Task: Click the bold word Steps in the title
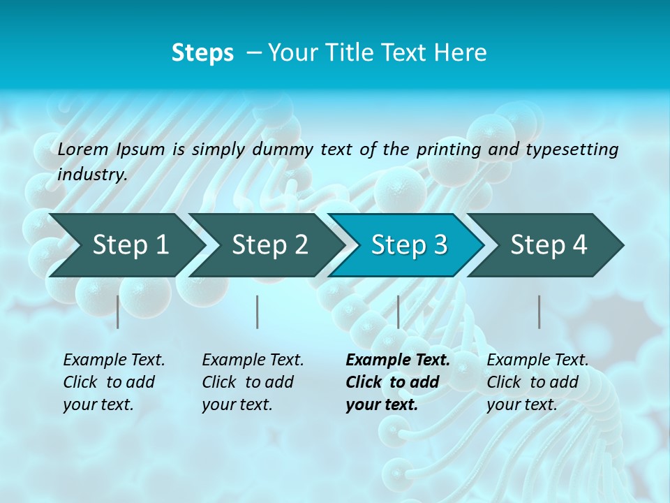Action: [x=202, y=53]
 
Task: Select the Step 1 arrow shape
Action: [x=126, y=245]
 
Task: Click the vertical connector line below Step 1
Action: [x=118, y=312]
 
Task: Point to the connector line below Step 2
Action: [x=258, y=312]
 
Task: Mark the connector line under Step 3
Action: [x=398, y=312]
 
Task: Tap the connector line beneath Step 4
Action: [x=539, y=312]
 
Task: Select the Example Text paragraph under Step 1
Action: [x=114, y=382]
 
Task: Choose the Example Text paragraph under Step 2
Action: [x=253, y=382]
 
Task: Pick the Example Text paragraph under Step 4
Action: [x=537, y=382]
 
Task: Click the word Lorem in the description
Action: [x=83, y=149]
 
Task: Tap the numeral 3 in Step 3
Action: [x=440, y=245]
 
